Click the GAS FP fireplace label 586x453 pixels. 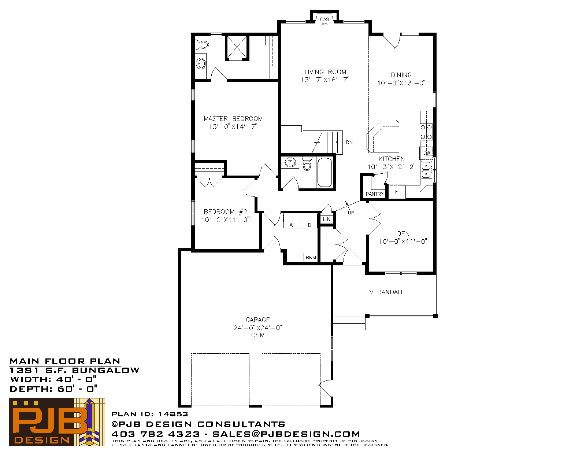tap(324, 22)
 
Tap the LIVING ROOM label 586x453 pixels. tap(325, 72)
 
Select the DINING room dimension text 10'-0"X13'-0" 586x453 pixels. tap(401, 83)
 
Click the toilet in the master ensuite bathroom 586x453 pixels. tap(202, 44)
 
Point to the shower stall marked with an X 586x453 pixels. tap(237, 48)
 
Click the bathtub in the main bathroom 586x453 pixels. tap(324, 172)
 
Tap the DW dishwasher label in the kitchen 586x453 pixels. tap(426, 153)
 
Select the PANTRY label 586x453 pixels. tap(375, 194)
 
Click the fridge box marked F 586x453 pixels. tap(396, 192)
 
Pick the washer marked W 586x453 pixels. tap(292, 221)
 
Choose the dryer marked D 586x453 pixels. tap(309, 221)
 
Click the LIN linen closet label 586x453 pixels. tap(327, 219)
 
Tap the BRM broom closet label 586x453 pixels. tap(311, 258)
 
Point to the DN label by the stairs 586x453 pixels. tap(349, 142)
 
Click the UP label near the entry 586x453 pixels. tap(351, 213)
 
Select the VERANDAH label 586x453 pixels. tap(386, 292)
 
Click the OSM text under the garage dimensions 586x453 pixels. tap(258, 335)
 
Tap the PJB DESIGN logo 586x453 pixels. tap(57, 422)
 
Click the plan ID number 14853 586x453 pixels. tap(173, 414)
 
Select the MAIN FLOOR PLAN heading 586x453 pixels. tap(65, 361)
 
